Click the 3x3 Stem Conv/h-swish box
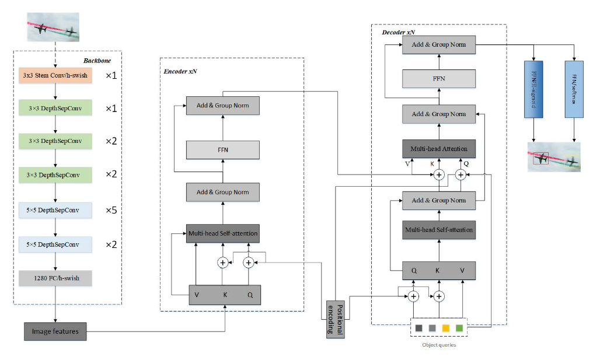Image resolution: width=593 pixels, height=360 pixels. coord(55,76)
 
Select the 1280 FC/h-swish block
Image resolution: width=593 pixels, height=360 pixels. coord(55,278)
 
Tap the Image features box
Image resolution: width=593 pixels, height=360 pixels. coord(55,331)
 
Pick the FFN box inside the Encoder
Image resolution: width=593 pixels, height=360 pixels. coord(222,150)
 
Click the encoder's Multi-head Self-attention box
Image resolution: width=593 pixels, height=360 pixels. coord(222,234)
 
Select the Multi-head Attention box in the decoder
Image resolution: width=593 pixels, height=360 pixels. coord(438,149)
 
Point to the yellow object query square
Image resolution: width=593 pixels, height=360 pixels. coord(445,328)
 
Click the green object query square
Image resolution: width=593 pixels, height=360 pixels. coord(459,328)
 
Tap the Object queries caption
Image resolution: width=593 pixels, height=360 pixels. coord(438,345)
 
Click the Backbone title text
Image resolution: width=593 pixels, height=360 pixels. coord(96,60)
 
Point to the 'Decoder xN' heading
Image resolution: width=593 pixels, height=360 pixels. coord(399,32)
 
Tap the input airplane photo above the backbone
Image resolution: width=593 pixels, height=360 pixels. coord(53,27)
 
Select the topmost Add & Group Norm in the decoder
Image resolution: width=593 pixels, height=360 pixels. coord(438,45)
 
